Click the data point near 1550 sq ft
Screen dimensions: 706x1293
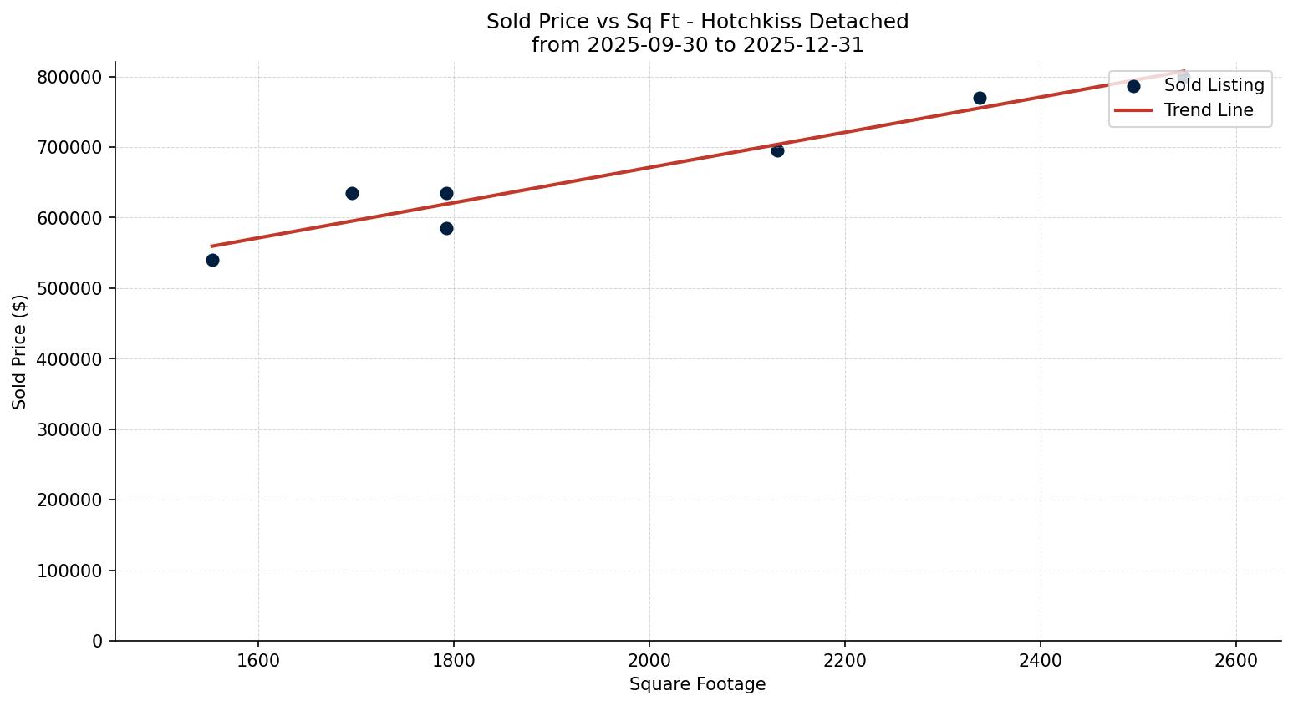click(212, 260)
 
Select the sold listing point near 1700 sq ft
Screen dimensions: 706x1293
click(352, 193)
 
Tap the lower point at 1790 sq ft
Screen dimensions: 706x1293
click(446, 228)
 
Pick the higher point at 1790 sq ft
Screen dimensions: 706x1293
click(446, 193)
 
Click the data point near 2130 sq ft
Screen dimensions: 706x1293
click(777, 150)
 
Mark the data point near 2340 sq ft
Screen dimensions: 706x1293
click(980, 98)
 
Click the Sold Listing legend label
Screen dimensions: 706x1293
click(1214, 85)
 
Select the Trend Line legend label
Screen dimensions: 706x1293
click(1209, 110)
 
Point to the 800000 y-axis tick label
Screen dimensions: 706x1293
click(70, 77)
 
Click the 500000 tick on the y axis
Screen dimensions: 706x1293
click(70, 288)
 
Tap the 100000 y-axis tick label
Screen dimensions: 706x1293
click(70, 571)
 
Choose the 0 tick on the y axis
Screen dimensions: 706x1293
click(98, 641)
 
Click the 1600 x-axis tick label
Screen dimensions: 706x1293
click(258, 660)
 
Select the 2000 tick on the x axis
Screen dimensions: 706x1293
click(649, 660)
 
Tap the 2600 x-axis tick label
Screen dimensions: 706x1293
click(1236, 660)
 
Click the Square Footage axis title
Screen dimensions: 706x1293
click(697, 684)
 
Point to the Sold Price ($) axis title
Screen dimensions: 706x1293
click(19, 352)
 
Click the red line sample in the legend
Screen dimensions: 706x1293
click(1133, 110)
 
